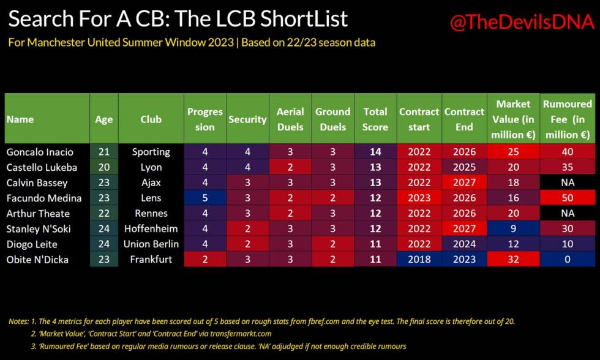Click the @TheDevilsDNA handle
pos(522,22)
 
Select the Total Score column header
pos(375,119)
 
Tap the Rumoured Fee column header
pos(568,119)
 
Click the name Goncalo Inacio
pos(40,152)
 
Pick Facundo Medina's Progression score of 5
pos(205,198)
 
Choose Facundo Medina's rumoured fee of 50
pos(568,198)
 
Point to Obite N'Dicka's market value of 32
pos(514,260)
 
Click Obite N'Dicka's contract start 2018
pos(419,260)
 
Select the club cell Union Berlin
pos(151,244)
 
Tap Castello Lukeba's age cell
pos(104,167)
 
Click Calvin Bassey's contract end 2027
pos(465,182)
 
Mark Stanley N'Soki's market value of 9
pos(514,229)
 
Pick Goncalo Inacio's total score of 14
pos(375,152)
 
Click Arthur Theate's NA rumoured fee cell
pos(568,213)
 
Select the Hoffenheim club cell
pos(151,229)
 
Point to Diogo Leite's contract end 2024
pos(465,244)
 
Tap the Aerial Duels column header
pos(290,119)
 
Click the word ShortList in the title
pos(304,19)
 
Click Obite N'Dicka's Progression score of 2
pos(205,260)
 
